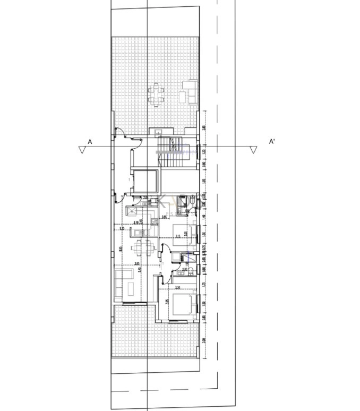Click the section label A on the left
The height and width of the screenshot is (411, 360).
pos(90,142)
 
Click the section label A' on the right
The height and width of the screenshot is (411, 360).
pos(272,142)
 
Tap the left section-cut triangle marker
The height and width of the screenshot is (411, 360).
pos(82,151)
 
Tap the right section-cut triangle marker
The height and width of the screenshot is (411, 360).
pos(253,151)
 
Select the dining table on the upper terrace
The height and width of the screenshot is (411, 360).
pos(156,94)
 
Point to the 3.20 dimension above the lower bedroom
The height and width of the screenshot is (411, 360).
pos(177,287)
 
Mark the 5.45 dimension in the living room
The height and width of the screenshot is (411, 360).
pos(140,270)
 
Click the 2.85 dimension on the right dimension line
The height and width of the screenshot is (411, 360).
pos(204,128)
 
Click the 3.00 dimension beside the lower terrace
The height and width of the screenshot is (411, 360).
pos(204,340)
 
